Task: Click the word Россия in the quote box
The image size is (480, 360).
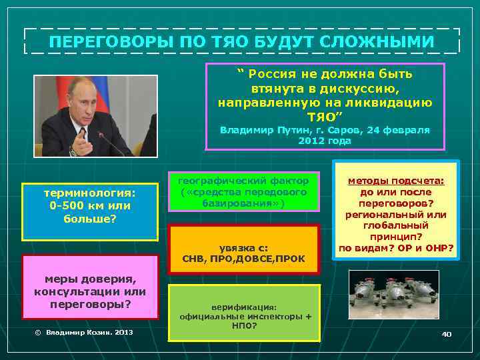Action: tap(273, 73)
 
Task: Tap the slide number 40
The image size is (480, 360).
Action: tap(446, 333)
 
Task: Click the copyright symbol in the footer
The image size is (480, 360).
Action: tap(38, 331)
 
